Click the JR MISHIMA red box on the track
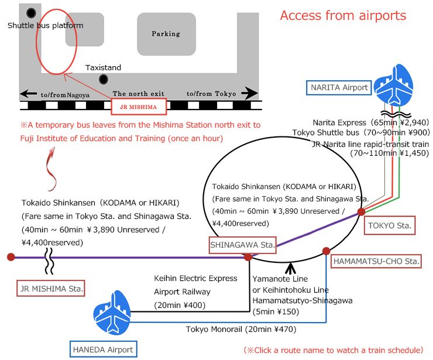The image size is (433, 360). coord(139,107)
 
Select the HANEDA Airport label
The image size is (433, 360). coord(103,349)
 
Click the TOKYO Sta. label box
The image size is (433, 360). coord(390,225)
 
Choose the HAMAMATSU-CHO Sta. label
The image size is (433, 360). coord(376,260)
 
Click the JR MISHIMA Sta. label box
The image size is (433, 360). coord(51,287)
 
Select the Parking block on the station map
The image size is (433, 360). coord(166,34)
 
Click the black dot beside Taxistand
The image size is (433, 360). coord(104,79)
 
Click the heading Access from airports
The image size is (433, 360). coord(343,15)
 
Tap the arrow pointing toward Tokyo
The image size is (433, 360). coord(250,93)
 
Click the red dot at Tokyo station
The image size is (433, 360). coord(361,211)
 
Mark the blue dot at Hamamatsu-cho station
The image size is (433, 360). coord(326,251)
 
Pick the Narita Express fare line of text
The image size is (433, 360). coord(371,122)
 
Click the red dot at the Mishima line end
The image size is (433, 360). coord(11,256)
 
